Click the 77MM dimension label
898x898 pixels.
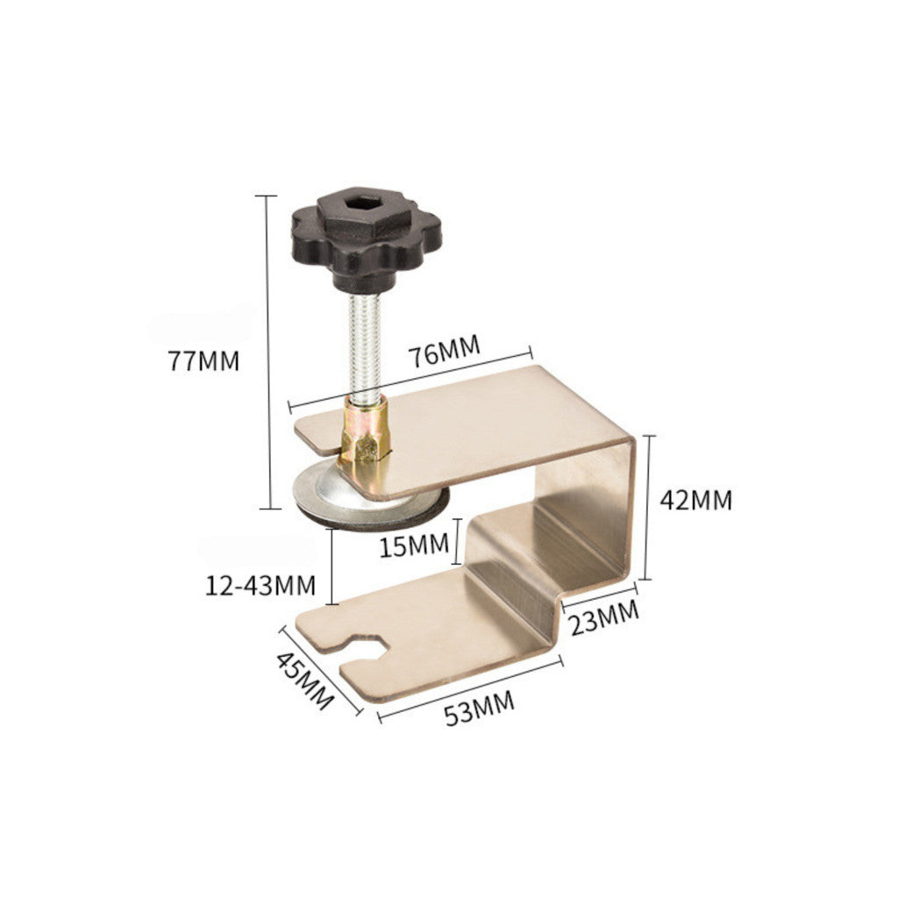[203, 361]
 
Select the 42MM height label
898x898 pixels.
[695, 500]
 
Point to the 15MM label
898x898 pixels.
[414, 545]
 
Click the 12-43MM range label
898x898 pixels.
[260, 585]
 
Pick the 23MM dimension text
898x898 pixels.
[604, 617]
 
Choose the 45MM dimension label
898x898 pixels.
[304, 681]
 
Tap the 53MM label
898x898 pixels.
[480, 709]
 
